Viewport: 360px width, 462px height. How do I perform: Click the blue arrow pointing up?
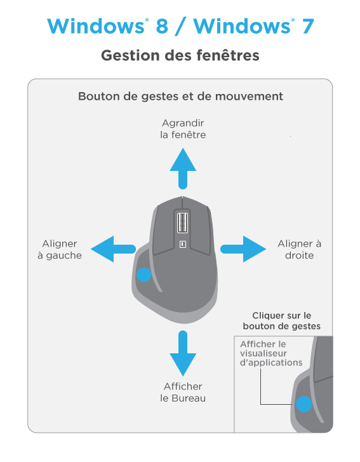183,168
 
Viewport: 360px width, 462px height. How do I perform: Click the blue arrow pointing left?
113,249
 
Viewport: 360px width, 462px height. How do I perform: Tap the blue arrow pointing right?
243,249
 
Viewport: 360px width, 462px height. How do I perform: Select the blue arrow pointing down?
183,353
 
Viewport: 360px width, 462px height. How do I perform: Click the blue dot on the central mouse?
144,275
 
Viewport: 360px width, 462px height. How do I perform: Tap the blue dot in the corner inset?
303,404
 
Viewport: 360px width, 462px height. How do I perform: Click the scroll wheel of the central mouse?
182,222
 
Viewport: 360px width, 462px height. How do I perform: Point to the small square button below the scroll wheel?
182,244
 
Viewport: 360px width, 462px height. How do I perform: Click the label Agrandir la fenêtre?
183,129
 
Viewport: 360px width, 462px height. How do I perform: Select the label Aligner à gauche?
60,249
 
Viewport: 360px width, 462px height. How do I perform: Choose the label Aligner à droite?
299,249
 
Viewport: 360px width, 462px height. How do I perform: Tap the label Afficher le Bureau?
183,392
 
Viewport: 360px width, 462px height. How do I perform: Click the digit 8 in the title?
162,26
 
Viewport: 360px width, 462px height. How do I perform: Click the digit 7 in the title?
307,26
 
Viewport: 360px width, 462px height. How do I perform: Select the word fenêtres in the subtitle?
227,55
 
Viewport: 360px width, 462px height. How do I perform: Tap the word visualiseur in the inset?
263,353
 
